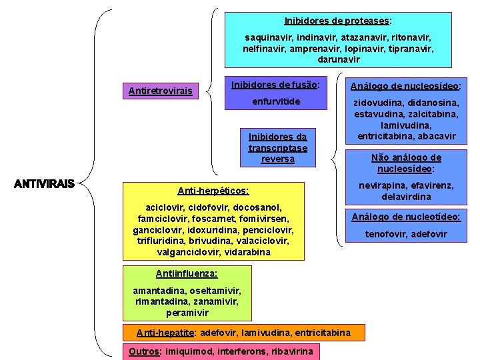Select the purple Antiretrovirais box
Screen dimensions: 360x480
160,91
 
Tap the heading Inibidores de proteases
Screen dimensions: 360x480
337,21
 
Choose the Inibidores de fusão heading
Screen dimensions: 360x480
275,85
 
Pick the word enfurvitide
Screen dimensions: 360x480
276,101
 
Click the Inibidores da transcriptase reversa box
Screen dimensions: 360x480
277,148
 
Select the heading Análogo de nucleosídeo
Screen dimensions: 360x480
406,86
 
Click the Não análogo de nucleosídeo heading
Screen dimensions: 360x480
406,163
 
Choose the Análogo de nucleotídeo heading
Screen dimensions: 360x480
406,217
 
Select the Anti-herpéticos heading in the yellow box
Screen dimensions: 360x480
213,191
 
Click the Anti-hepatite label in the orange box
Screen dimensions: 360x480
165,332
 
